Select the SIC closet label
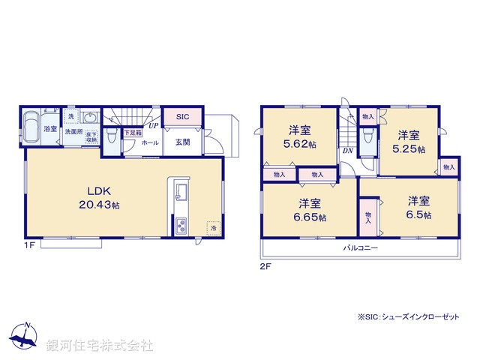183,117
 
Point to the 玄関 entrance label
183,142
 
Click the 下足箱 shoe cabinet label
133,133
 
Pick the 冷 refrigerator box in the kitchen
213,228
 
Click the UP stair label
152,125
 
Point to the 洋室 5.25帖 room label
409,142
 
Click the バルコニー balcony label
361,247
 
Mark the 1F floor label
28,245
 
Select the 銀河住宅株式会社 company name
100,346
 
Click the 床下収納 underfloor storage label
91,138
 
